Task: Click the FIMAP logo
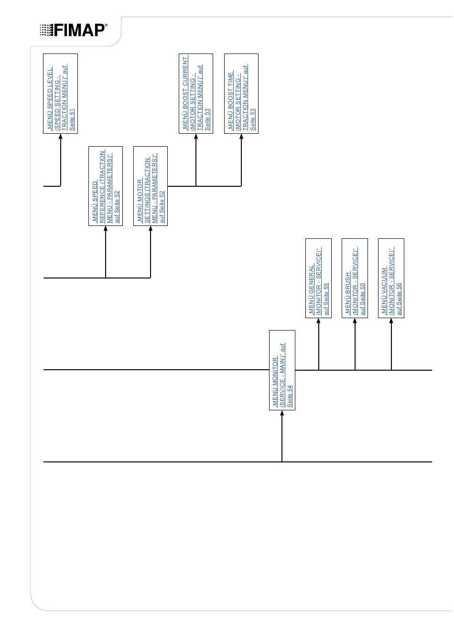[74, 30]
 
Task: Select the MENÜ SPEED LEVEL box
[60, 93]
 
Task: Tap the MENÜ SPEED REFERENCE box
[106, 186]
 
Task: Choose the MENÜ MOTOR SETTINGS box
[151, 186]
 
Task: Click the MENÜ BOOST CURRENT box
[196, 93]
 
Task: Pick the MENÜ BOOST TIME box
[241, 93]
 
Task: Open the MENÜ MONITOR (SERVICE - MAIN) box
[282, 370]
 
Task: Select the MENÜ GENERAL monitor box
[318, 278]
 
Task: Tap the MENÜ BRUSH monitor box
[355, 278]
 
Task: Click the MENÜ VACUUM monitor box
[391, 278]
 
